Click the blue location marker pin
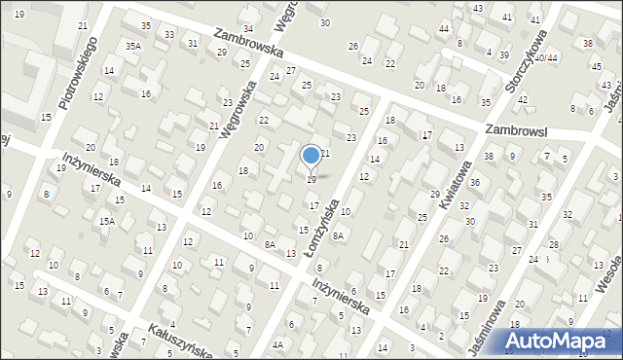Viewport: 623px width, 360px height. tap(311, 155)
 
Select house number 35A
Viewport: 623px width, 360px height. tap(133, 46)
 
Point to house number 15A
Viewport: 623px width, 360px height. tap(106, 222)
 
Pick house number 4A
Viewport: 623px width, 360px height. tap(277, 344)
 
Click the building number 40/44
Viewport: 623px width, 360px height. tap(545, 57)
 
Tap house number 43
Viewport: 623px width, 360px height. tap(477, 8)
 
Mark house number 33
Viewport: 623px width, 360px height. tap(169, 35)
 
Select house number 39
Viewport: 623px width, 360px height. tap(503, 54)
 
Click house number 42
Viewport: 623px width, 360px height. tap(522, 100)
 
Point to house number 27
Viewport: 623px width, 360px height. tap(290, 71)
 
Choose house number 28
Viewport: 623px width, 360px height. tap(553, 244)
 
